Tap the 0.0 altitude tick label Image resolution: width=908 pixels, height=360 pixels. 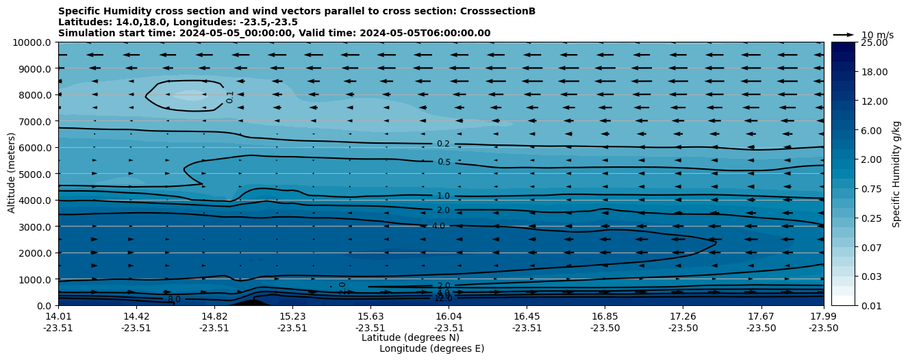click(x=42, y=305)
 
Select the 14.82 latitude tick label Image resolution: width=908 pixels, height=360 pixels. click(x=214, y=316)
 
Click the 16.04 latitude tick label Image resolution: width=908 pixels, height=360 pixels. click(x=449, y=316)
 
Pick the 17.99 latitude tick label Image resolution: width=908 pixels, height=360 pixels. click(x=823, y=316)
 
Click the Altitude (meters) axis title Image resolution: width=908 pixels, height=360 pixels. click(x=12, y=174)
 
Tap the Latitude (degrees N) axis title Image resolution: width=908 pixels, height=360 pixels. click(x=410, y=337)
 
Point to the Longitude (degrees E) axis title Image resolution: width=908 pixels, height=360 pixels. click(x=431, y=348)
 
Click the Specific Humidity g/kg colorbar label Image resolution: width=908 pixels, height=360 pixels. click(x=896, y=174)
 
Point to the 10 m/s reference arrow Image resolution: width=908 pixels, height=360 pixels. click(x=843, y=34)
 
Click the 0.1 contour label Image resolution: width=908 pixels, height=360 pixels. click(x=230, y=97)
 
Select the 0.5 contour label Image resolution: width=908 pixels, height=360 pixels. click(x=444, y=162)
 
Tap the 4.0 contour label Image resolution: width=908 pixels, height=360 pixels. click(x=438, y=226)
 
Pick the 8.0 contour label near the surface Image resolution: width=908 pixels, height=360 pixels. click(x=174, y=299)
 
